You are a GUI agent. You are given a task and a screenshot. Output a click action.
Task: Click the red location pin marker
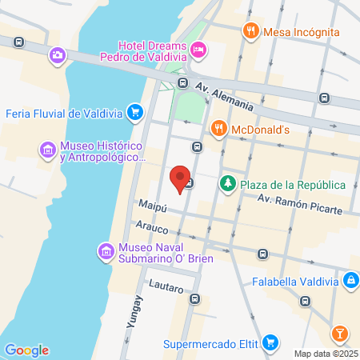181,176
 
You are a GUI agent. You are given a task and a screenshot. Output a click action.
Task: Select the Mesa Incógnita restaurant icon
250,32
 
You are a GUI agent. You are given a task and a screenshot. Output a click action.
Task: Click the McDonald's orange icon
218,128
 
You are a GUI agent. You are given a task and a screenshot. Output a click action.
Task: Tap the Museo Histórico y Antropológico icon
47,150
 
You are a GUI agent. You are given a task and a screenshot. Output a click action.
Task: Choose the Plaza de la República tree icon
228,185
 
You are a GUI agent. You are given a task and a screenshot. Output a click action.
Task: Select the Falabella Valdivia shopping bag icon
350,281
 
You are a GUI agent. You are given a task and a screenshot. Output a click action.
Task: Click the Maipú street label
151,207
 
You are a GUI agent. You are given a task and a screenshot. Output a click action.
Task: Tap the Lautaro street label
167,288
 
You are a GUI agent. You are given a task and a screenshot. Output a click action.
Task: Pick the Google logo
26,350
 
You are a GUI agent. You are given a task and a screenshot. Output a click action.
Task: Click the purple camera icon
58,55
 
